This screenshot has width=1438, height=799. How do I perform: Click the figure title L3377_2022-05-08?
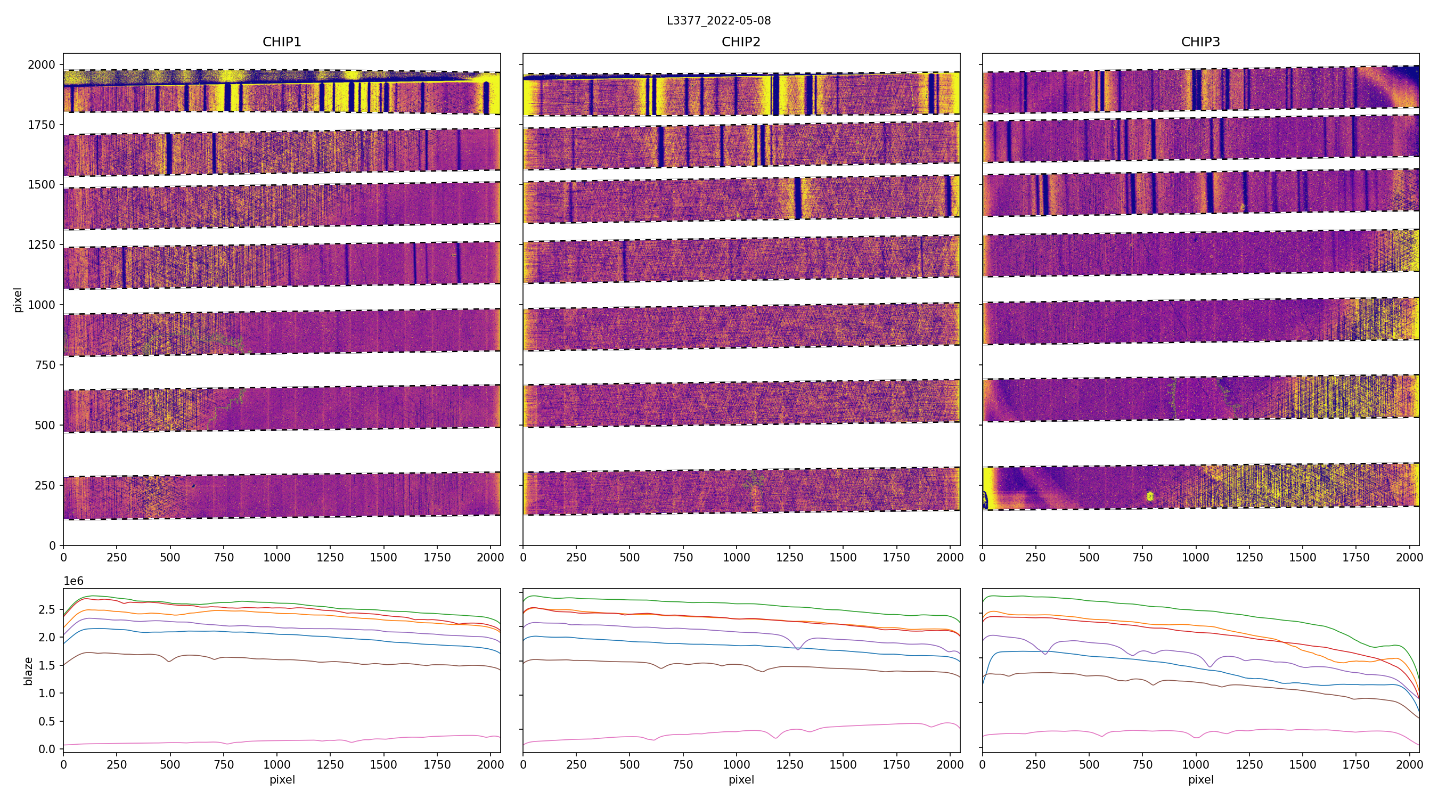(x=718, y=21)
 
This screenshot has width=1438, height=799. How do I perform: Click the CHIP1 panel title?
(x=282, y=42)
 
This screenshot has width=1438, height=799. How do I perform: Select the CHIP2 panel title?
(x=741, y=42)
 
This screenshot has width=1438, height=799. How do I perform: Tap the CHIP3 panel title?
(x=1200, y=42)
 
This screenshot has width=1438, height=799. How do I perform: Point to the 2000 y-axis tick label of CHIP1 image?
(x=42, y=65)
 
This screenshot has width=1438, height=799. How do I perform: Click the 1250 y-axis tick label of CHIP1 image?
(x=42, y=244)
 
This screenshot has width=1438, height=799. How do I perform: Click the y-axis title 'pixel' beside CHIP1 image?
(x=18, y=300)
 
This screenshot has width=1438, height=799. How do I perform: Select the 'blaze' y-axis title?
(x=28, y=671)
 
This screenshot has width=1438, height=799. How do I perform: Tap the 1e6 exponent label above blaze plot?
(x=73, y=581)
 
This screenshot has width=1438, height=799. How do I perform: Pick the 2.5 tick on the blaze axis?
(x=47, y=609)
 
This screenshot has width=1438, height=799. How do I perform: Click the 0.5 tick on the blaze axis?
(x=47, y=721)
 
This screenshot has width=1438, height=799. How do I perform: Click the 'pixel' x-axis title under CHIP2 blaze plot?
(x=741, y=779)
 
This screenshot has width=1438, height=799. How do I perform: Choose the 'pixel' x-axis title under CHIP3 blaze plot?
(x=1200, y=779)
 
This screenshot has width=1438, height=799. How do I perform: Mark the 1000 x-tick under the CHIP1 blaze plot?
(x=277, y=764)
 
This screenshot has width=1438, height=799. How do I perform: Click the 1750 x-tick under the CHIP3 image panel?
(x=1355, y=557)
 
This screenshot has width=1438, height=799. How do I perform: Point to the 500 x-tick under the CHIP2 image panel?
(x=630, y=557)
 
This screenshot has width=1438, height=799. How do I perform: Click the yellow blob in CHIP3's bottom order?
(x=1150, y=496)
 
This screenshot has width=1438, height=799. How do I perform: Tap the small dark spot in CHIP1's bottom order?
(x=193, y=486)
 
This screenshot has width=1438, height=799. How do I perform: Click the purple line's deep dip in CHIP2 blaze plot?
(x=798, y=649)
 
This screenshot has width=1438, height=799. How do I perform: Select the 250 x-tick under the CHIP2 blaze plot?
(x=576, y=764)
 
